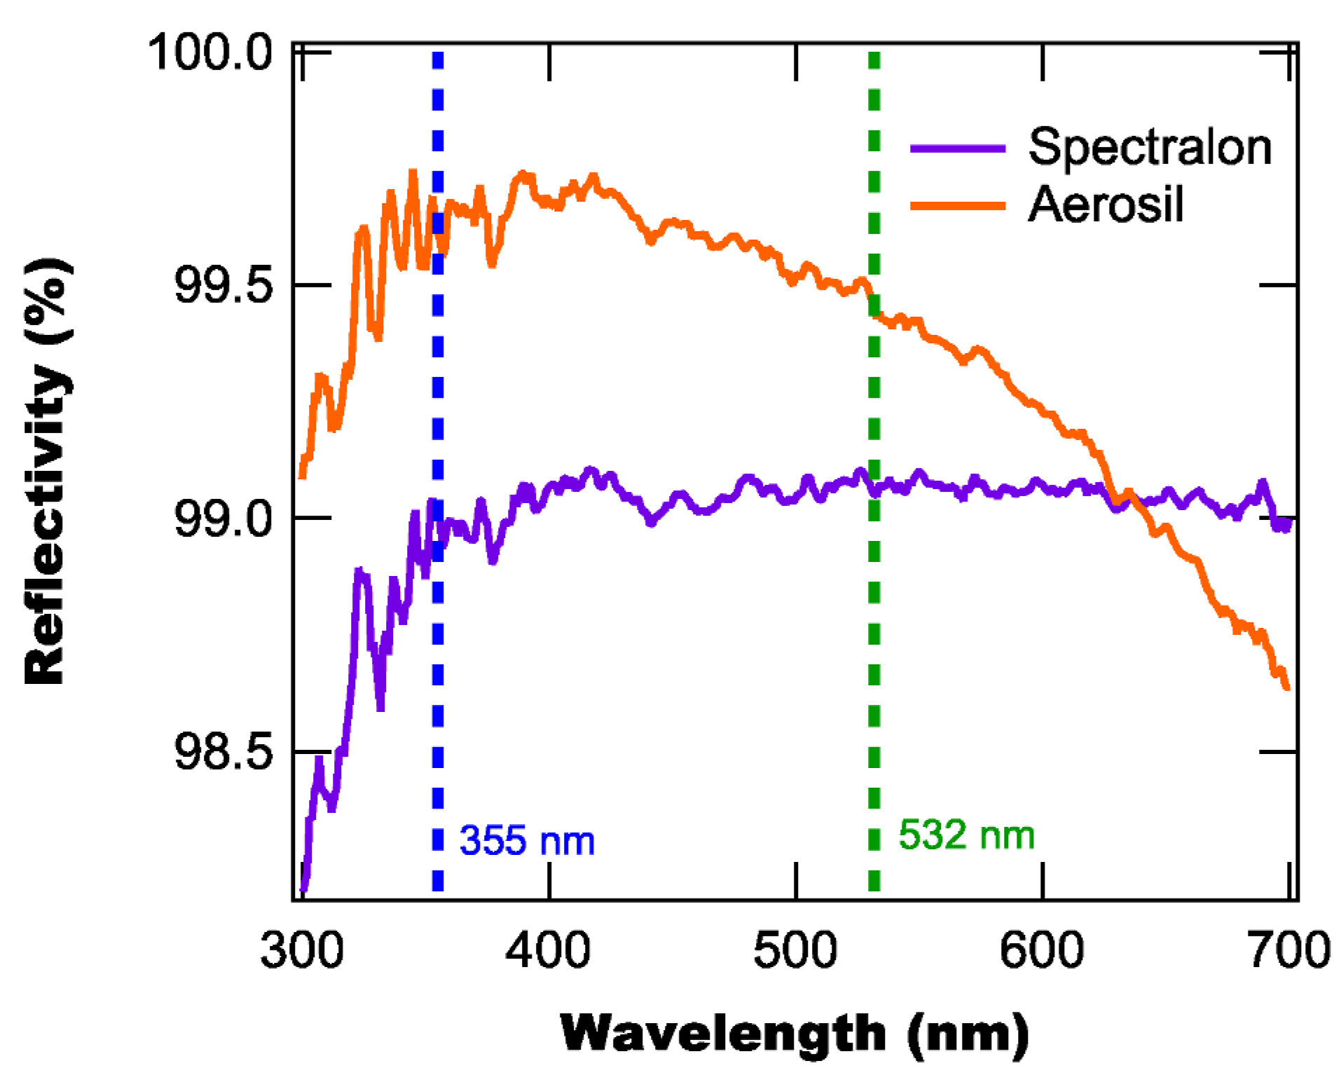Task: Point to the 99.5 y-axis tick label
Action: click(223, 285)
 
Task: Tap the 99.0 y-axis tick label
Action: click(223, 519)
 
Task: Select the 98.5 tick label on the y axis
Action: click(223, 753)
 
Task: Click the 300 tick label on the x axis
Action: click(302, 951)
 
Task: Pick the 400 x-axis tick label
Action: click(549, 951)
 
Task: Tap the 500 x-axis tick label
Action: click(795, 951)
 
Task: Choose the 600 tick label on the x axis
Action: click(1042, 951)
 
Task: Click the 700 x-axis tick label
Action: click(1289, 951)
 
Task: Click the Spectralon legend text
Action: click(1149, 147)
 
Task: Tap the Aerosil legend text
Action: click(1106, 205)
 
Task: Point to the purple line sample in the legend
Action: click(957, 149)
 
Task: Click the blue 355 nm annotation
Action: click(527, 840)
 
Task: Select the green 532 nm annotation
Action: click(966, 835)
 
